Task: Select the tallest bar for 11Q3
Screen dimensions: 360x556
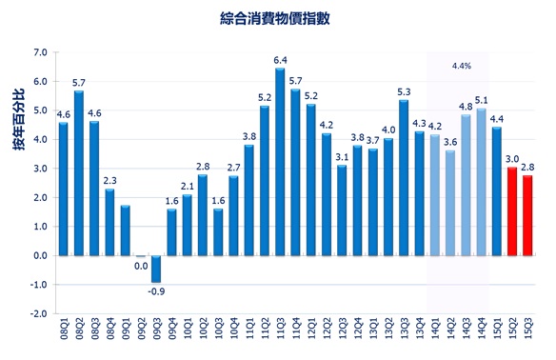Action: [x=280, y=162]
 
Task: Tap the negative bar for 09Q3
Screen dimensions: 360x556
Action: [x=156, y=269]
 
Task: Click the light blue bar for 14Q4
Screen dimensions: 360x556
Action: [x=481, y=182]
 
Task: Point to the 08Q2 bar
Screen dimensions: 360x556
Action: [x=79, y=172]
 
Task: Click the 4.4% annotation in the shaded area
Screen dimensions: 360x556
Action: [x=461, y=67]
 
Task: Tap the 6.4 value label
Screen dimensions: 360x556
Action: [x=280, y=60]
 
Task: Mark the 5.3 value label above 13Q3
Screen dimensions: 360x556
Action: [x=404, y=91]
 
